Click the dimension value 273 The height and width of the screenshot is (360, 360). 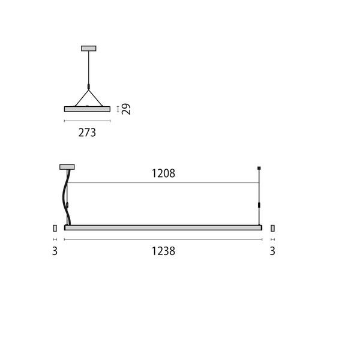87,133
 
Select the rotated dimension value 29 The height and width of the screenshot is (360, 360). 126,109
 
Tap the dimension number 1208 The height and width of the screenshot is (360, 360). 163,174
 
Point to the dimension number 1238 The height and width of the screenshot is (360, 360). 163,251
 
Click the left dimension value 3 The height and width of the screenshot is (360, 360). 55,251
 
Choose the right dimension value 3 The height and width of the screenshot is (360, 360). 272,251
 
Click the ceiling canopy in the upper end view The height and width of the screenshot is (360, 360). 88,47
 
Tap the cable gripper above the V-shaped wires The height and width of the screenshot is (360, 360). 88,88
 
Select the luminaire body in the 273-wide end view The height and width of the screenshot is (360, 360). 88,109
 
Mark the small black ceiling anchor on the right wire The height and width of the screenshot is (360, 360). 259,167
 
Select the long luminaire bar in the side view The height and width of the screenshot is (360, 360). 163,228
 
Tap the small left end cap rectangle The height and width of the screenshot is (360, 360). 55,228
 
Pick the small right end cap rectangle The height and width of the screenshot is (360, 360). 272,228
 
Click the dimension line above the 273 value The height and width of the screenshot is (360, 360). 88,121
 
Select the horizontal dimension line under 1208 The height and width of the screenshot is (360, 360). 163,182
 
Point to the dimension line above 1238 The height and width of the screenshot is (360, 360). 163,239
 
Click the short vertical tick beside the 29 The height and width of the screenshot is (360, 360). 118,109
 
